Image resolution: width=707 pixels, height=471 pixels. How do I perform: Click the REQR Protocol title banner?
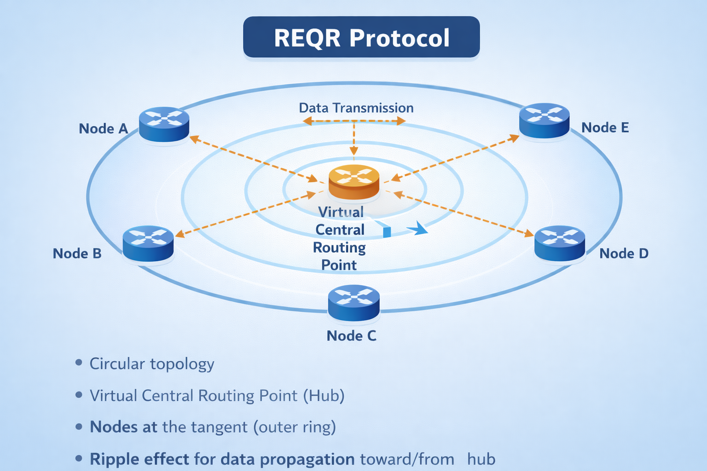(x=361, y=37)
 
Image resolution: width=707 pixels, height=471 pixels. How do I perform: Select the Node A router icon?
(x=164, y=124)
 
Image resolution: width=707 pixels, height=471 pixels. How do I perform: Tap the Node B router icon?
(x=148, y=243)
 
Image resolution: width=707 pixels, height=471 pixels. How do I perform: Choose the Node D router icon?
(x=559, y=243)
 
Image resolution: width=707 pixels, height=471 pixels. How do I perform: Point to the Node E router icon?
(x=544, y=120)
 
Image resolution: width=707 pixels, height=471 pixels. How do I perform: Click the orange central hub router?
(x=354, y=182)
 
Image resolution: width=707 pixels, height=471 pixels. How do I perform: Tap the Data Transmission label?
(x=356, y=108)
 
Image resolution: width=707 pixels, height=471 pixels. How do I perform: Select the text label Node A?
(x=103, y=129)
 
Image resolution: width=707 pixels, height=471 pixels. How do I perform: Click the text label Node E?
(x=605, y=127)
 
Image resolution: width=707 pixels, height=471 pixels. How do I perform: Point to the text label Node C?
(x=351, y=336)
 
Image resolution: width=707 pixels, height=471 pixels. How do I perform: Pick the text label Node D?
(x=624, y=253)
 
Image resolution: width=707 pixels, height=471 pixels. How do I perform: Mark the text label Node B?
(x=77, y=253)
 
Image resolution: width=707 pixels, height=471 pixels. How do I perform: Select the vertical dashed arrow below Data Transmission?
(x=353, y=138)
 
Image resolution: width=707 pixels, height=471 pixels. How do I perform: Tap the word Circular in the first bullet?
(x=117, y=364)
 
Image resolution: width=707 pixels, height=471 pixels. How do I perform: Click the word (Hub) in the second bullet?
(x=324, y=396)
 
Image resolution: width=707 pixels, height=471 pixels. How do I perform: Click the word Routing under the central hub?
(x=339, y=247)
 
